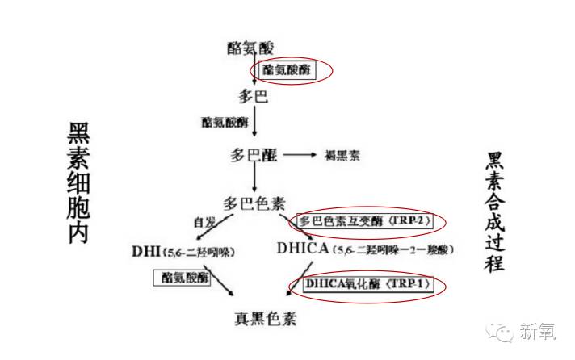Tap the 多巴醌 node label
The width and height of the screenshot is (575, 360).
253,154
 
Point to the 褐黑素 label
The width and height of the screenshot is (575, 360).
342,154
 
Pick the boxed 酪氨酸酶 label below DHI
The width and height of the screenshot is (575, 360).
186,277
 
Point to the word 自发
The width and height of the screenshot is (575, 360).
204,220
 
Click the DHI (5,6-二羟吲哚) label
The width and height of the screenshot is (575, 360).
185,250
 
